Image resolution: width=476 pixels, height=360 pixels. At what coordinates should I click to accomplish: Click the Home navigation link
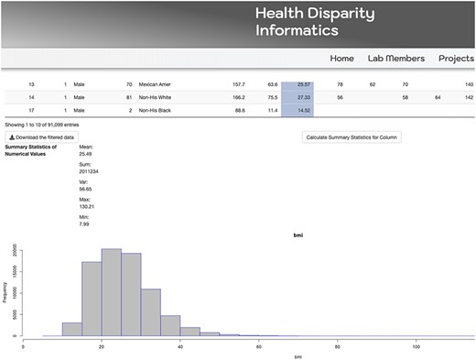pyautogui.click(x=341, y=58)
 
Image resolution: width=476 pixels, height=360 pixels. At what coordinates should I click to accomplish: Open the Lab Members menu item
pyautogui.click(x=395, y=58)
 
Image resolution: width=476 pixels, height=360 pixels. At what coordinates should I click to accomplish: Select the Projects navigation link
pyautogui.click(x=456, y=58)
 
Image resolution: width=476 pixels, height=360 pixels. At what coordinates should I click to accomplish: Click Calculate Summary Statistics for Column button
pyautogui.click(x=352, y=136)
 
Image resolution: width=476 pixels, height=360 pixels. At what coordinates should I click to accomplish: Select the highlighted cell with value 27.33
pyautogui.click(x=297, y=96)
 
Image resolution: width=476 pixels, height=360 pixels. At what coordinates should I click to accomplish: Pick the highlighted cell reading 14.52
pyautogui.click(x=297, y=110)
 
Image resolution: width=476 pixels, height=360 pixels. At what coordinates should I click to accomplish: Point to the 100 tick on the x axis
pyautogui.click(x=416, y=344)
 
